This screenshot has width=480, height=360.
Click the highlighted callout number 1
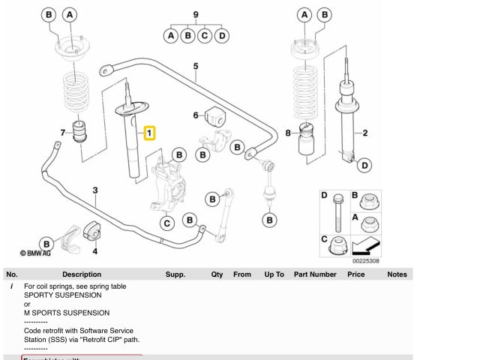149,133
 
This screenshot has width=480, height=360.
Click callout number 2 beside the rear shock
365,134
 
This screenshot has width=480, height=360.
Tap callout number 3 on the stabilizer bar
95,190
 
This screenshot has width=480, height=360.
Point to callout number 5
196,67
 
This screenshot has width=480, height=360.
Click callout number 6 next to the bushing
196,115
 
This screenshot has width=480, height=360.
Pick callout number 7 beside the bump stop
63,133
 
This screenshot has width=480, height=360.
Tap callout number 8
287,133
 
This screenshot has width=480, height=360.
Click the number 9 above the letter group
196,14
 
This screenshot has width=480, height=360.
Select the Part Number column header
315,274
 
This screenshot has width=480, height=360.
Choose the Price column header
355,274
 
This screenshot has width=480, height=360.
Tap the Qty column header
217,274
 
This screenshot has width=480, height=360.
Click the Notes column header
397,274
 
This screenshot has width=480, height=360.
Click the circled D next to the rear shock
364,165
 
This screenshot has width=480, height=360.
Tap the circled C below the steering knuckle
167,223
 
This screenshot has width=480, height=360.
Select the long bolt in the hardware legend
337,214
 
